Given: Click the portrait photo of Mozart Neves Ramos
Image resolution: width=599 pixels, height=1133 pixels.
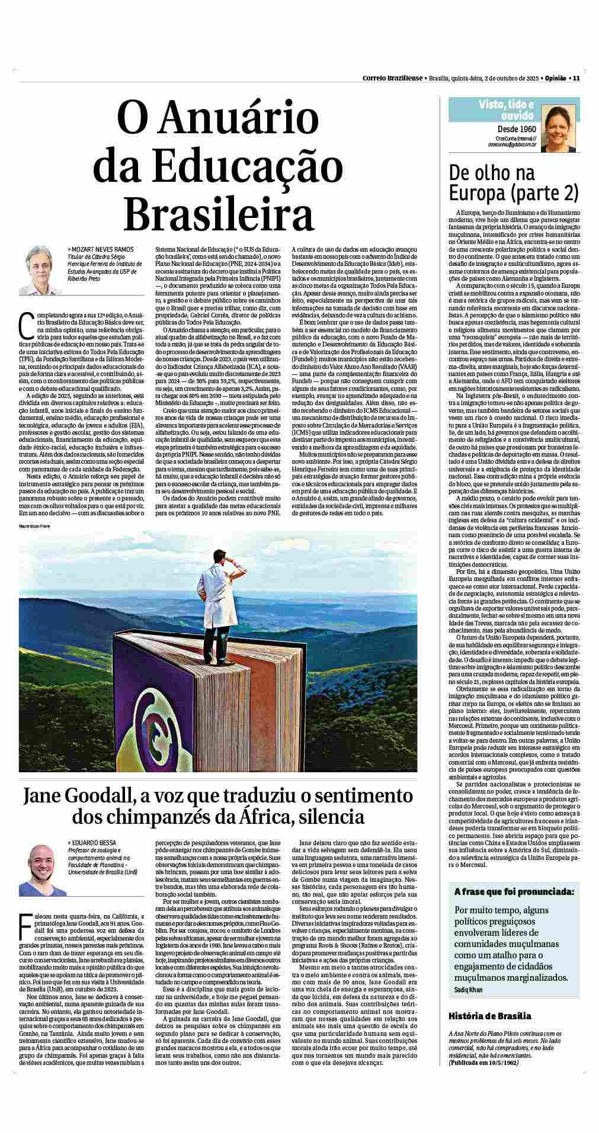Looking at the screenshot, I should point(40,270).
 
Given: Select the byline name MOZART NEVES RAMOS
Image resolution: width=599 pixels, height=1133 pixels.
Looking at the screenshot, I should point(101,249).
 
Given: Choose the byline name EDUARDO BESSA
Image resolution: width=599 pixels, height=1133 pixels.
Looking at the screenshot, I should point(92,842).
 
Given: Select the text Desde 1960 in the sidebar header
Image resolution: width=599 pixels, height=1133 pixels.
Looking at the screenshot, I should point(517,129).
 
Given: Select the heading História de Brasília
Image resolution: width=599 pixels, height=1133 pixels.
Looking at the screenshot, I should point(490,1016).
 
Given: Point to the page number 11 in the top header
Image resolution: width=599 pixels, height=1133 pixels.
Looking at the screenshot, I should point(576,78).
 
